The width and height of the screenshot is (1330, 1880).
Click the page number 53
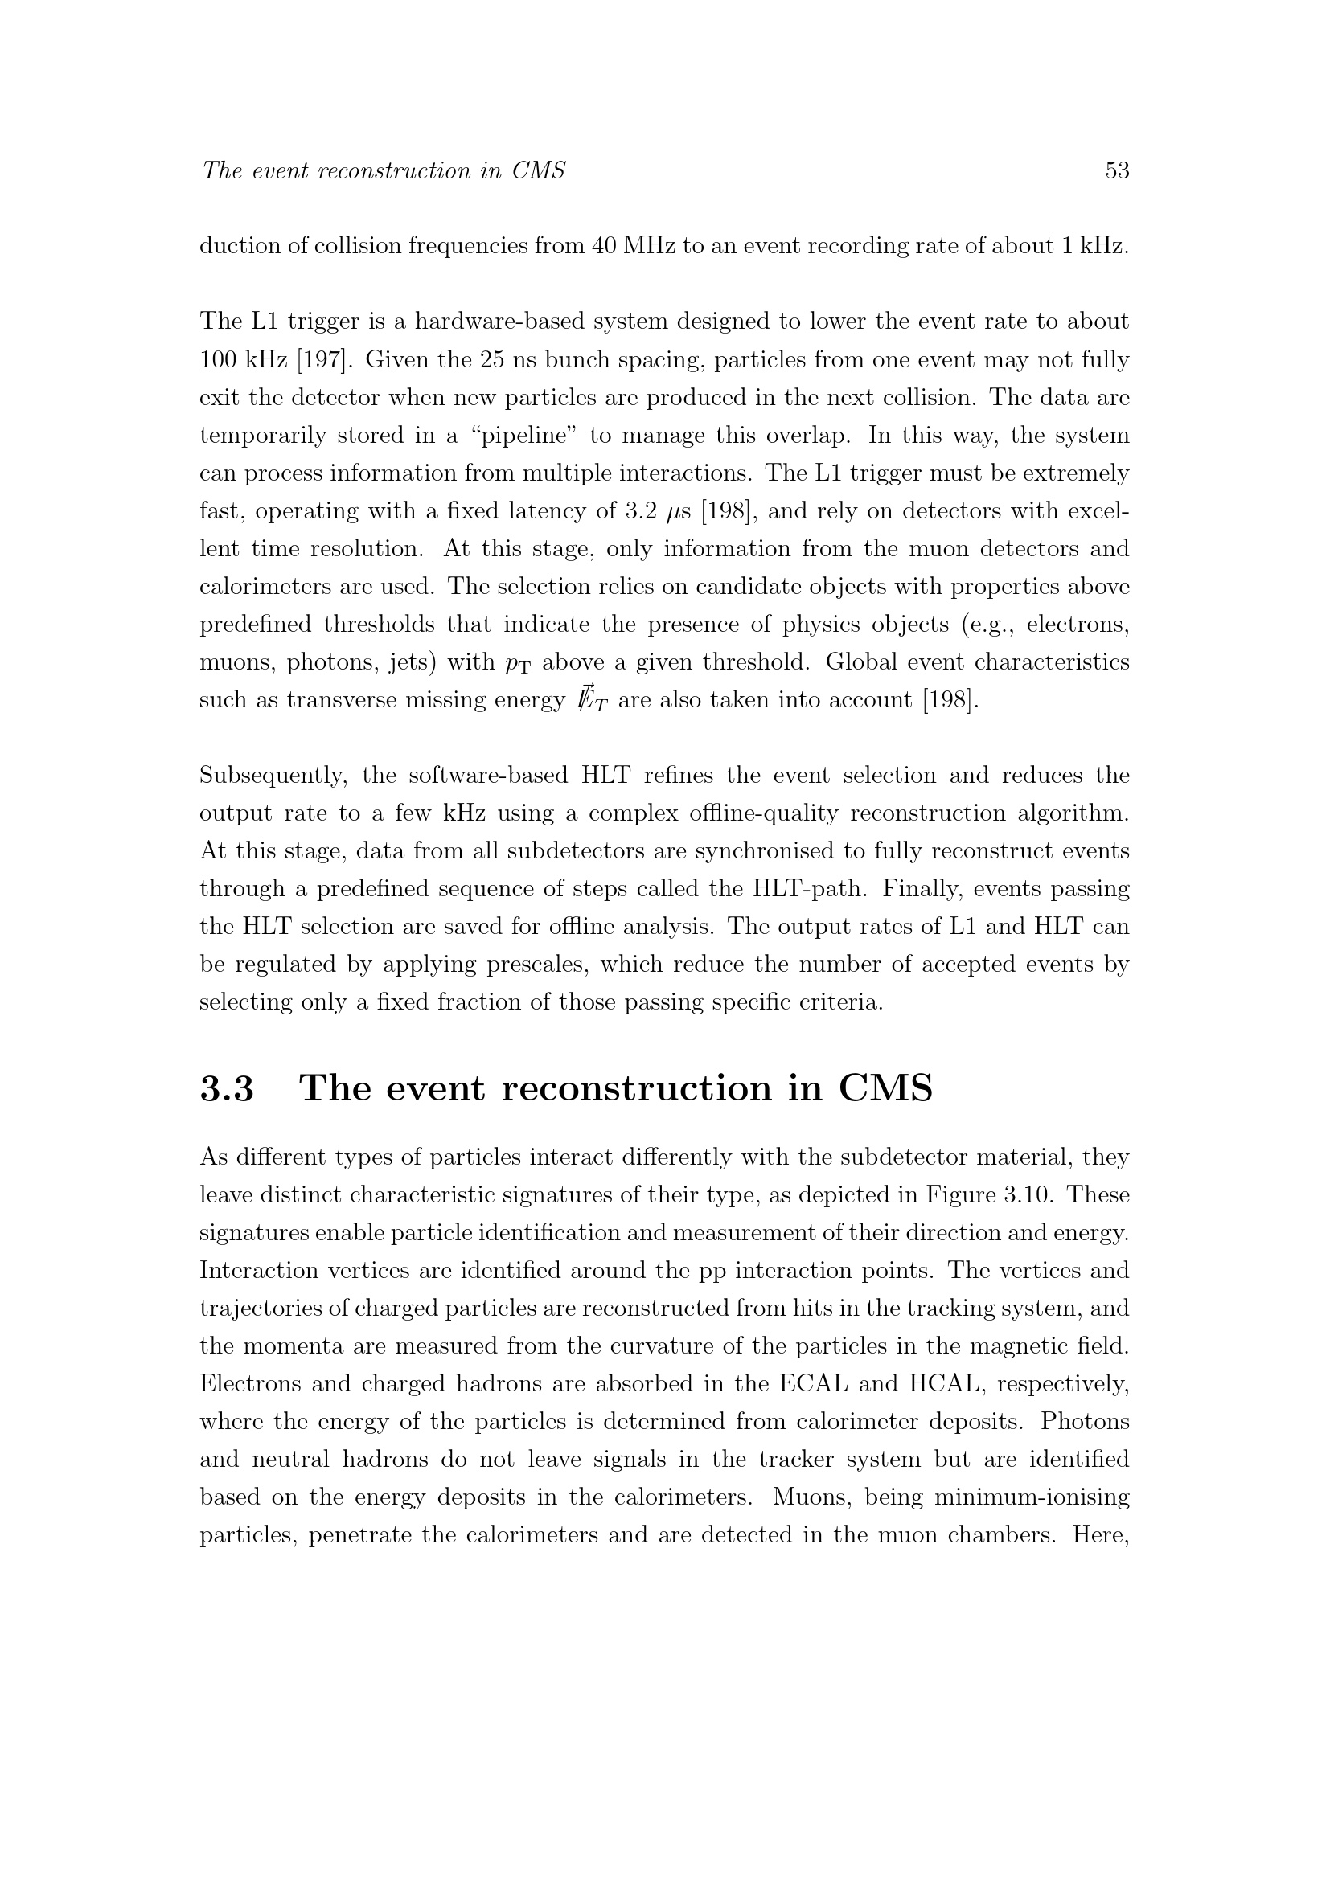(x=1117, y=170)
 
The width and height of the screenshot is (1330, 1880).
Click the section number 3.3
(x=227, y=1088)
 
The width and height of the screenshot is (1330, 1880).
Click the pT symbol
(x=518, y=663)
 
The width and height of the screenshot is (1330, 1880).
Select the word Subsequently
(x=273, y=776)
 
